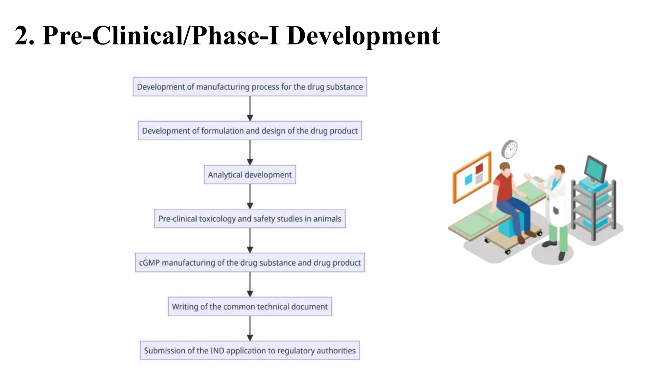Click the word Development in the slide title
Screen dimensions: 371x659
tap(363, 36)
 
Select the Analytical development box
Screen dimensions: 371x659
tap(250, 175)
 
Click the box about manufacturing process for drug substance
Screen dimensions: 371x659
tap(250, 87)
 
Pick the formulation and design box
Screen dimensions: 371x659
tap(250, 131)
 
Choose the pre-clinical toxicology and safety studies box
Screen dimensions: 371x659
tap(250, 219)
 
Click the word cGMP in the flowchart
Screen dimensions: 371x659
tap(149, 263)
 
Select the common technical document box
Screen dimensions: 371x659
tap(250, 307)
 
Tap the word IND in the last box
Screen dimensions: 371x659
tap(217, 351)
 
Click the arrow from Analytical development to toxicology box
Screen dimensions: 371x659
tap(250, 196)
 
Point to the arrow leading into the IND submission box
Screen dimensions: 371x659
tap(250, 328)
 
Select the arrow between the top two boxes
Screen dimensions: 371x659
tap(250, 109)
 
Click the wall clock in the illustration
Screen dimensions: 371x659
tap(510, 149)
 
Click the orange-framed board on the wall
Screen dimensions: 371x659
tap(472, 177)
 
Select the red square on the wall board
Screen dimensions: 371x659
tap(479, 168)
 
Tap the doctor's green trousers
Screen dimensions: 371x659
tap(559, 237)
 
